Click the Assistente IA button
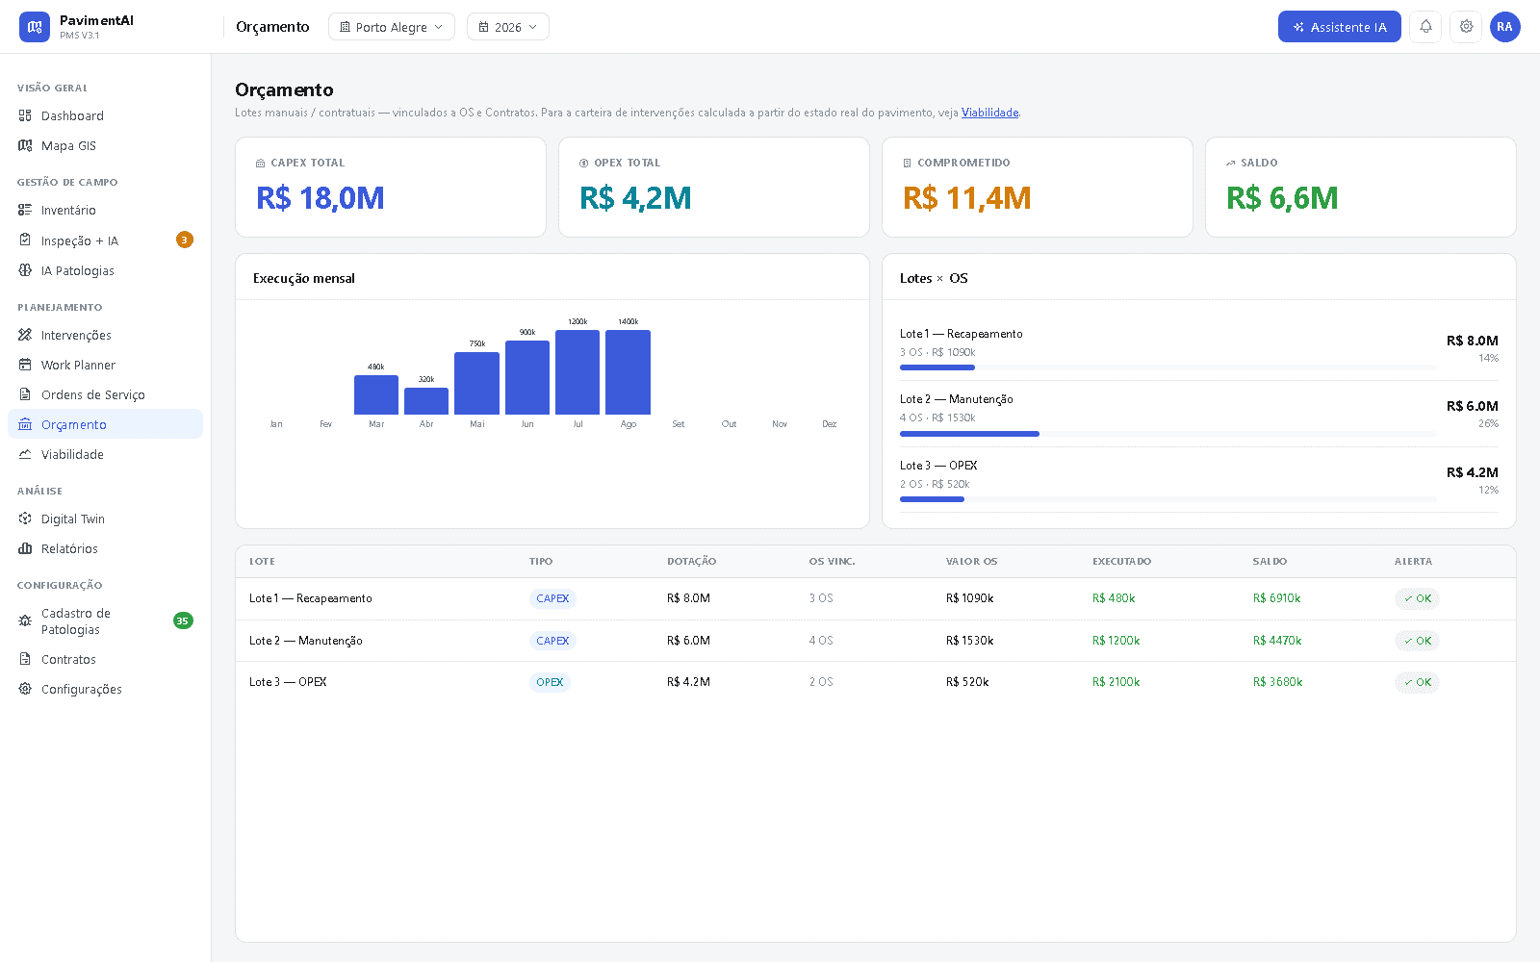pos(1339,27)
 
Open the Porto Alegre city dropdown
pos(391,27)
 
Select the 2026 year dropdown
pos(507,27)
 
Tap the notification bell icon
pos(1425,27)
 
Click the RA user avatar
pos(1504,27)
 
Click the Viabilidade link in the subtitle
pos(989,113)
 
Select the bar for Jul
pos(577,372)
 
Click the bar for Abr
pos(426,401)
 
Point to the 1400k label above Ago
pos(628,321)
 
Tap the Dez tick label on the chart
pos(829,424)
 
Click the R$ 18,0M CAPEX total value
pos(321,198)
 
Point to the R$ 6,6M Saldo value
pos(1282,198)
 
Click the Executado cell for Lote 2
pos(1116,641)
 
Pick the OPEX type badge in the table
pos(550,682)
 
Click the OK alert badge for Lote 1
pos(1417,598)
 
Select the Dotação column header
pos(691,562)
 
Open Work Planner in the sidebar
pos(78,365)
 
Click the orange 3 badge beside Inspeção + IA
pos(184,240)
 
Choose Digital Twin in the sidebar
pos(73,519)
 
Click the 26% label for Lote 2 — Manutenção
pos(1488,424)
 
